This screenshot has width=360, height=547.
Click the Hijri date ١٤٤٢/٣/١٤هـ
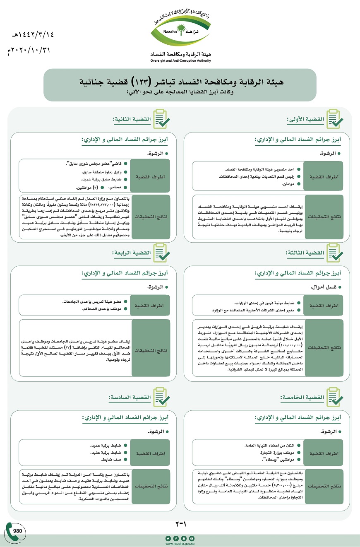(x=31, y=34)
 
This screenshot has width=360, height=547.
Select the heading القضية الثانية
(x=132, y=119)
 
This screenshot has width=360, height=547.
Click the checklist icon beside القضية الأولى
(x=334, y=119)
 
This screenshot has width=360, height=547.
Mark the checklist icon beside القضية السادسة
(x=161, y=397)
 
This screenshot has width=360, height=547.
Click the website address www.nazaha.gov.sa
(x=180, y=543)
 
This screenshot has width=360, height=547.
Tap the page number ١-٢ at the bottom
(x=181, y=524)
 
